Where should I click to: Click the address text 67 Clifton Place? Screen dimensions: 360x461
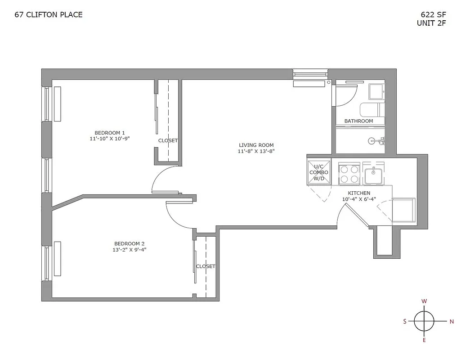(x=49, y=15)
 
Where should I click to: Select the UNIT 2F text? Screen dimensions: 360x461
(x=431, y=23)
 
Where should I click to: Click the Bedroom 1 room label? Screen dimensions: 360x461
(x=110, y=133)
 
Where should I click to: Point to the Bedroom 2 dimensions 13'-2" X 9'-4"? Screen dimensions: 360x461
(x=129, y=250)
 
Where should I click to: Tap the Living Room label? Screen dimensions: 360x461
(x=256, y=145)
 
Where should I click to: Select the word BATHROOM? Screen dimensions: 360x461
(x=358, y=121)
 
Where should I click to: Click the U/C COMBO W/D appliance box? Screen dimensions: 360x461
(x=319, y=172)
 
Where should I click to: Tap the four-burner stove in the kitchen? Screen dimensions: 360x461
(x=349, y=174)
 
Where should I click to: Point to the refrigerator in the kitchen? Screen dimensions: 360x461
(x=403, y=210)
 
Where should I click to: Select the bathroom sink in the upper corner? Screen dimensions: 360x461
(x=376, y=92)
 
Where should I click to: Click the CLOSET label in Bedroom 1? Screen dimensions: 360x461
(x=168, y=140)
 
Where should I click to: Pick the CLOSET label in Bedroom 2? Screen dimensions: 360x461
(x=206, y=266)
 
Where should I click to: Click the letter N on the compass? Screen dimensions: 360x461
(x=451, y=321)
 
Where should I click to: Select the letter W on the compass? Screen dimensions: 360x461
(x=424, y=301)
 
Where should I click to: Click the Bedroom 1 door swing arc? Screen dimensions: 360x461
(x=157, y=179)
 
